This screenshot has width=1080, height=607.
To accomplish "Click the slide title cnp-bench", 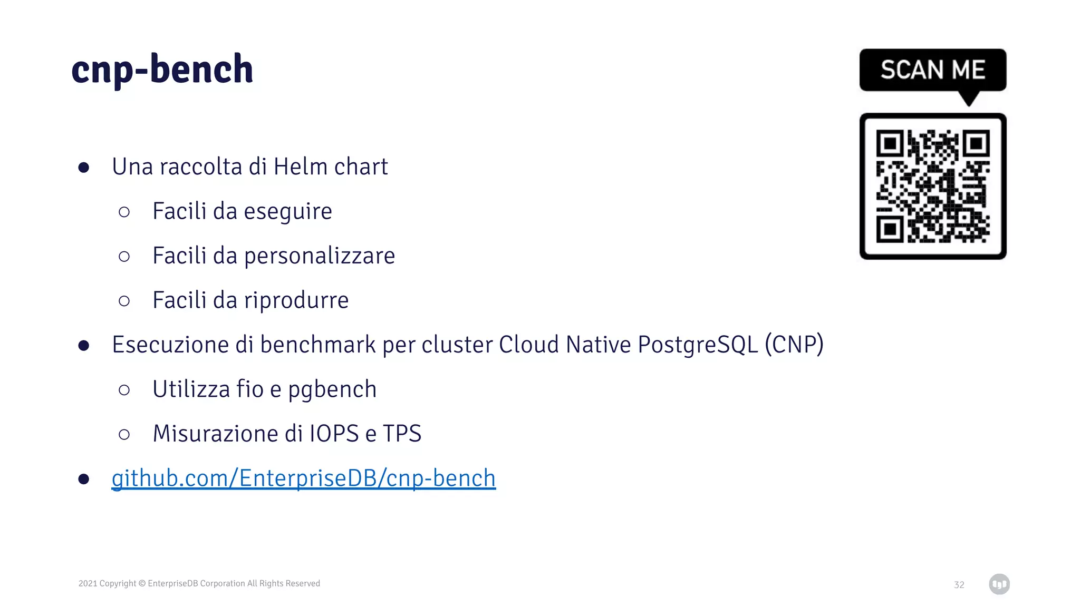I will click(x=162, y=69).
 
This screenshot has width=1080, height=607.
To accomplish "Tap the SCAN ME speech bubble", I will click(x=932, y=70).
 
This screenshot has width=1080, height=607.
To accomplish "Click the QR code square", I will click(x=932, y=186).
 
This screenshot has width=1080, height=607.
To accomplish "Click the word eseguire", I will click(x=287, y=212).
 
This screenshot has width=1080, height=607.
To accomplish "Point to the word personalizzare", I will click(x=319, y=256).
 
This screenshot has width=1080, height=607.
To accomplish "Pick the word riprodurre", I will click(x=296, y=300).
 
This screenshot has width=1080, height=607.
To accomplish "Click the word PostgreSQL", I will click(x=697, y=345).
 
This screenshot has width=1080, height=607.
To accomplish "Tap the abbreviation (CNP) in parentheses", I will click(x=794, y=345).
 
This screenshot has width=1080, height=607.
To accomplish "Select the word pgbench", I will click(x=332, y=390).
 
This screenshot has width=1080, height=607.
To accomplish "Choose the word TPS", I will click(x=402, y=434).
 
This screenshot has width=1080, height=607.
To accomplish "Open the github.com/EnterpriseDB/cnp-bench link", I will click(x=303, y=478).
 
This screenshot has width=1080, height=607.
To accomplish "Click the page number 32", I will click(x=959, y=585).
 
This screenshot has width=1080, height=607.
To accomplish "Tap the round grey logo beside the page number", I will click(x=999, y=584).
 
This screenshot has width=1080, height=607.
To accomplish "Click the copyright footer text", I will click(x=199, y=583).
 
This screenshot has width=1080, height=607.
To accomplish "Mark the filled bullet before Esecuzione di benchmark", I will click(x=83, y=346).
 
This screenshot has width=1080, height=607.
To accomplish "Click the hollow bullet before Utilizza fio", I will click(x=124, y=390).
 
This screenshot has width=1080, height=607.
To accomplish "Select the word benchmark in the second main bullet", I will click(x=317, y=345).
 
